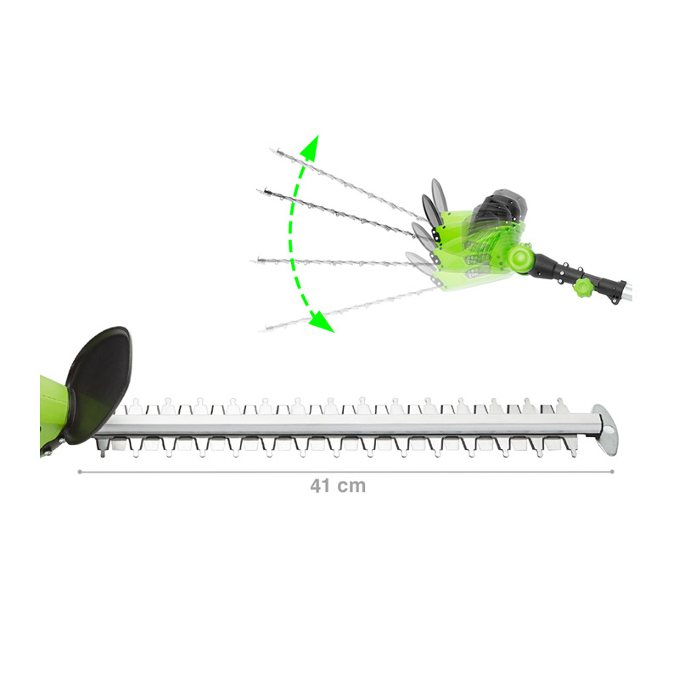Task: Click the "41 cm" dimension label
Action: (x=338, y=485)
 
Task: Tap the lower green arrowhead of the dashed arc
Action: (x=322, y=323)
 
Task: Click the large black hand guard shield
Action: (x=98, y=384)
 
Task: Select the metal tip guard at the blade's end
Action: (x=606, y=429)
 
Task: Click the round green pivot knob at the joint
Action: (x=521, y=259)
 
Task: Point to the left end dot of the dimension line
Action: (x=80, y=472)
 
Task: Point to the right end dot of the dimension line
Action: (x=612, y=472)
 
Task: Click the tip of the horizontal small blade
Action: (x=252, y=261)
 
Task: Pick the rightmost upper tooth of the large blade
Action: (x=561, y=406)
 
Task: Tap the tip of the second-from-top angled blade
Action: (x=259, y=191)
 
